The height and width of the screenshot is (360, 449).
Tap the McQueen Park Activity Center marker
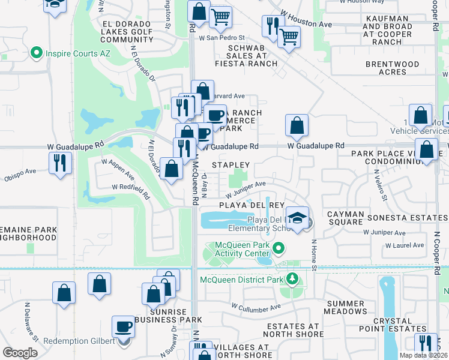point(278,248)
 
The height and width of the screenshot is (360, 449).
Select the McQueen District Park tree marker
point(292,278)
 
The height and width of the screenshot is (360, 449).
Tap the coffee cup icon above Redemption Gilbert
point(124,327)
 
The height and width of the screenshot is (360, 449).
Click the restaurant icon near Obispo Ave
point(60,162)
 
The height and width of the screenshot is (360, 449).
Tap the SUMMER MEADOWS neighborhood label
point(345,308)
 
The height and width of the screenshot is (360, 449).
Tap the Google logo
point(20,352)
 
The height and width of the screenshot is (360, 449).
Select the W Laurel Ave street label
point(405,245)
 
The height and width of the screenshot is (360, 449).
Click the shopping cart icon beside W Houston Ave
point(289,37)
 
